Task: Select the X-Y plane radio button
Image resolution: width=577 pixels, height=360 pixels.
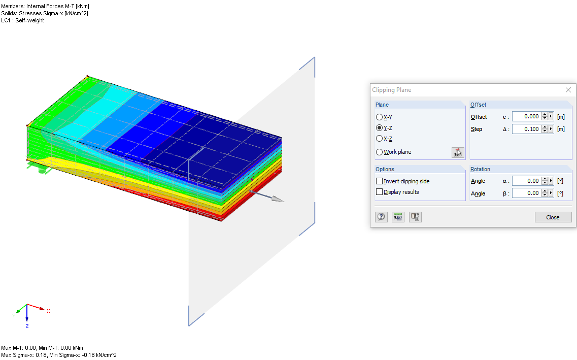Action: (379, 117)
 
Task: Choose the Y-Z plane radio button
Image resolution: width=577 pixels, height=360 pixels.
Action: (379, 128)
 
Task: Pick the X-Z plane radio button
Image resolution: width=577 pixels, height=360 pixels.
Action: (379, 138)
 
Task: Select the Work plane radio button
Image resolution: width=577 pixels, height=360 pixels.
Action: (379, 152)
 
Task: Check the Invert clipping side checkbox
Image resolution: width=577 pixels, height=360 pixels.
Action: (379, 181)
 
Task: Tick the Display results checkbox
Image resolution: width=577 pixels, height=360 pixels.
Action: (379, 192)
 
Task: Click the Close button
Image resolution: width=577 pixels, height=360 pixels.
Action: (553, 217)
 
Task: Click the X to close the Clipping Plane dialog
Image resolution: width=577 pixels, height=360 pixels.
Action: (568, 90)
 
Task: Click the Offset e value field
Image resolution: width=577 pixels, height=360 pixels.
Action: (526, 117)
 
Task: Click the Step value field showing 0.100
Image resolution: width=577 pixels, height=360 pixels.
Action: (526, 129)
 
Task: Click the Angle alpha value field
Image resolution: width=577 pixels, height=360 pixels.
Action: (526, 181)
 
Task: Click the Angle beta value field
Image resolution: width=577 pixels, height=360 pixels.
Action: (526, 193)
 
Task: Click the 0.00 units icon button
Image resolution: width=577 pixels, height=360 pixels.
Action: (398, 217)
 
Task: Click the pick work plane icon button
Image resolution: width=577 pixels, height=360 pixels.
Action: (458, 152)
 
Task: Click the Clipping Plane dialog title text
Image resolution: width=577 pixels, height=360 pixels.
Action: (392, 90)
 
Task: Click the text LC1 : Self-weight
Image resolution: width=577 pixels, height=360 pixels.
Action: (23, 21)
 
